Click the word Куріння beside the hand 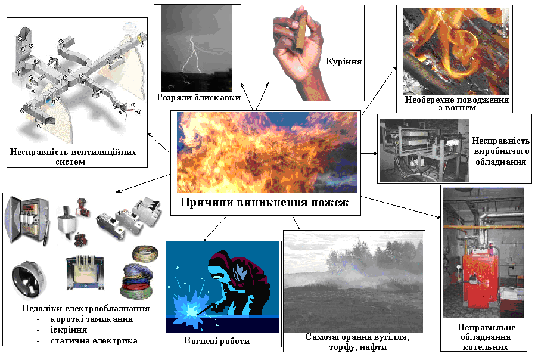click(343, 62)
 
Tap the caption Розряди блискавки click(198, 98)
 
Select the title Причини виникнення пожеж click(265, 202)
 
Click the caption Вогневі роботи click(217, 340)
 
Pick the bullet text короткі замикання click(91, 319)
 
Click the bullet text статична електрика click(94, 340)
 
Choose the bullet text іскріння click(69, 330)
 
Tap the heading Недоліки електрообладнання click(86, 308)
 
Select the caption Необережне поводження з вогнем click(457, 104)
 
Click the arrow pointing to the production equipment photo click(369, 154)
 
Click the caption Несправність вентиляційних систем click(73, 157)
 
